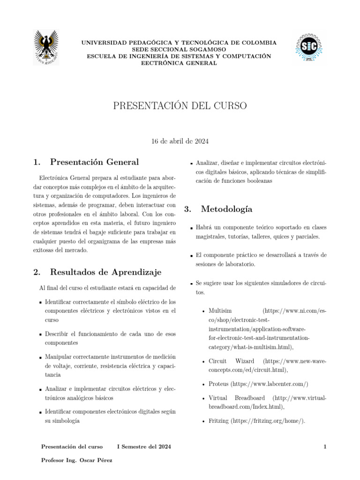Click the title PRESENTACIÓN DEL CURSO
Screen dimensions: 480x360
tap(180, 105)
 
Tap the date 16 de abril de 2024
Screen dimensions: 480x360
tap(180, 141)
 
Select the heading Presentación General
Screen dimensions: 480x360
tap(94, 162)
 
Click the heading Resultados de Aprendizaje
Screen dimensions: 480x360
tap(105, 272)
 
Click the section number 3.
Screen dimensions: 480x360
tap(188, 209)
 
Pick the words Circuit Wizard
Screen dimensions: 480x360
tap(232, 361)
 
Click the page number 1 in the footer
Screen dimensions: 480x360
tap(324, 447)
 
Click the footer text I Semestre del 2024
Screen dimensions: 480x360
tap(144, 447)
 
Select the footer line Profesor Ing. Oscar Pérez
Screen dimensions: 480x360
tap(77, 460)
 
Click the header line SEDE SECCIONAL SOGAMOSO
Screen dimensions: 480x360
tap(179, 49)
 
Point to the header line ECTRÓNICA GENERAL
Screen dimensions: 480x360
tap(179, 63)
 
